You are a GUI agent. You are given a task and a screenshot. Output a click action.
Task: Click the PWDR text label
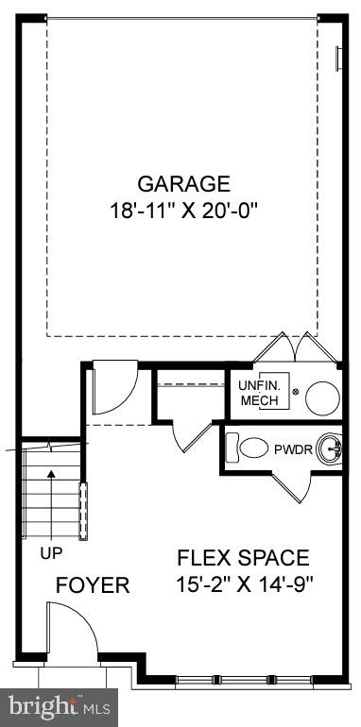click(291, 448)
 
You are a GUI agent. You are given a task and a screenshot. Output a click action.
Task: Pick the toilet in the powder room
click(252, 448)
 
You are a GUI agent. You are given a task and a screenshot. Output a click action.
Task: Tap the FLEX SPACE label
click(244, 557)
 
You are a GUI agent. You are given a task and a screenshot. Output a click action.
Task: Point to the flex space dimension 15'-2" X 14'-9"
click(244, 583)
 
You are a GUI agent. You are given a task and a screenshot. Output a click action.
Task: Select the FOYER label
click(92, 585)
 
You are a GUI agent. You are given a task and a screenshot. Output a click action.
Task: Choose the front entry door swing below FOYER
click(71, 633)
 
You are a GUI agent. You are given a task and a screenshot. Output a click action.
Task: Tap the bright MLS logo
click(58, 704)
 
